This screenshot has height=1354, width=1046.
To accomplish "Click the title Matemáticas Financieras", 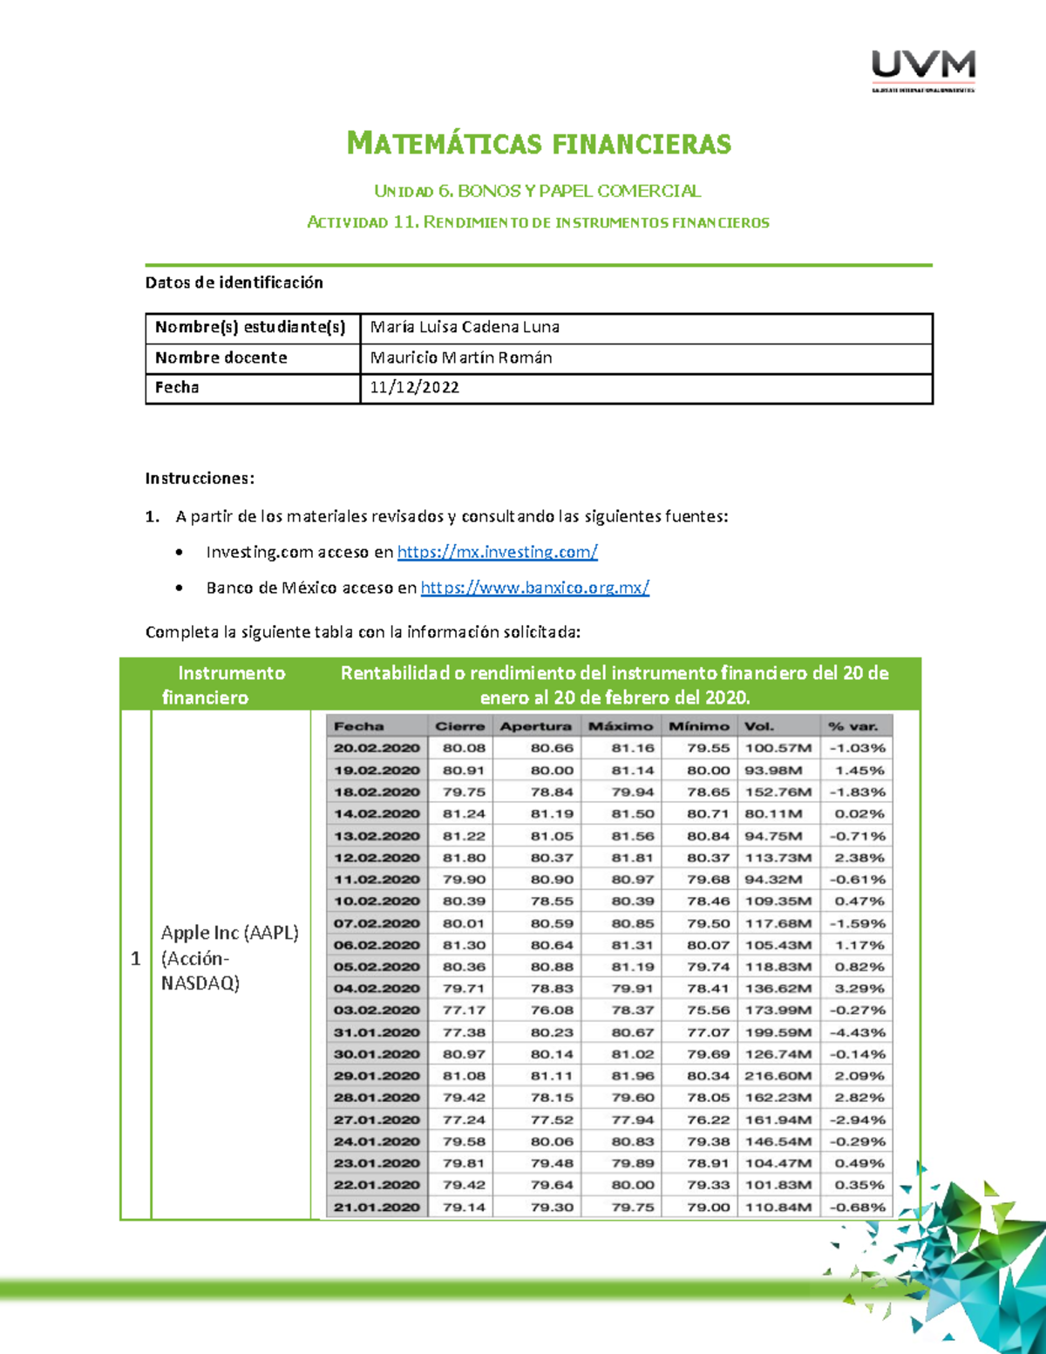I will tap(539, 143).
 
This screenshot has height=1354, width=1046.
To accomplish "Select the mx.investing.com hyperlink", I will tap(497, 552).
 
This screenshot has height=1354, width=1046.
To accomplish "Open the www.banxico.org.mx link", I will tap(534, 588).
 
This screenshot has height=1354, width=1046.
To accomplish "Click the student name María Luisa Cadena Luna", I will tap(465, 327).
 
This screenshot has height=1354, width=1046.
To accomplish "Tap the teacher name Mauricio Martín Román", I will tap(460, 357).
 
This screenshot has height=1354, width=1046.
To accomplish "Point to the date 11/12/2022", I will tap(414, 387).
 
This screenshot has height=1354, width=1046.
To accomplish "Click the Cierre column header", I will tap(459, 726).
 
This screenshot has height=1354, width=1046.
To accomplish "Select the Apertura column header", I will tap(535, 726).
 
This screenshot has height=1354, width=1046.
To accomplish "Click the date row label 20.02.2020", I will tap(377, 748).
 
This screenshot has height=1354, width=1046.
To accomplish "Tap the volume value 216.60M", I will tap(778, 1076).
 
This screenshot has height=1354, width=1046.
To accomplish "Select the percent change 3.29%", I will tap(859, 989).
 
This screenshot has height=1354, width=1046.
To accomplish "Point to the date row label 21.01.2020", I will tap(377, 1208).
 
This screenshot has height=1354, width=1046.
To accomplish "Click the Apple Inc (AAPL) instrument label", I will tap(229, 933).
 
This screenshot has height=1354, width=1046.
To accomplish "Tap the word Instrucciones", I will tap(200, 478).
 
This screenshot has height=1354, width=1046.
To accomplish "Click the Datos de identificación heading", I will tap(234, 282).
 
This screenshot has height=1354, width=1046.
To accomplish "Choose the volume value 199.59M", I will tap(778, 1032).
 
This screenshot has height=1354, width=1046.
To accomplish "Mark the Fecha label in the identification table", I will tap(177, 387).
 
